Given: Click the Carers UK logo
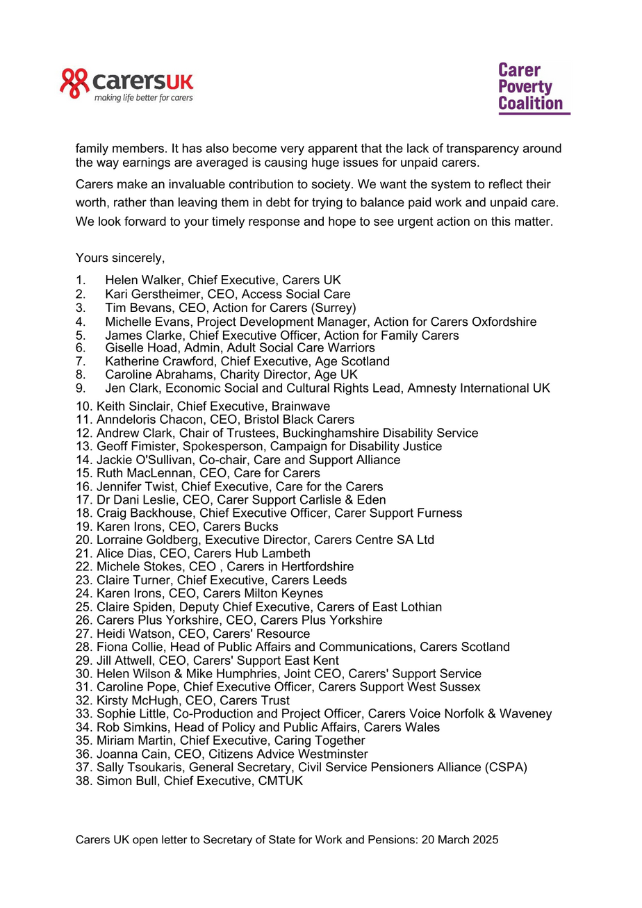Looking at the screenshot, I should (126, 85).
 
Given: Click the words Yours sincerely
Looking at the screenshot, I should (120, 258).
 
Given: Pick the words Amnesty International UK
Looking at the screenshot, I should (479, 388).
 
